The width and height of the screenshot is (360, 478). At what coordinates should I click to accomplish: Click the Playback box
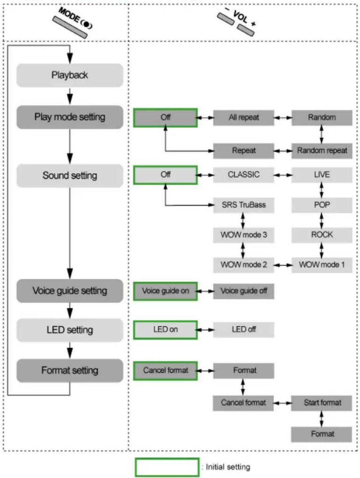coord(70,75)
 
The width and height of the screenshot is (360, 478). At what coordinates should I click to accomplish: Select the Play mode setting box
coord(70,117)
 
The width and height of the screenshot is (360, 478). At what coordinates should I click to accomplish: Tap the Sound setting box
coord(70,175)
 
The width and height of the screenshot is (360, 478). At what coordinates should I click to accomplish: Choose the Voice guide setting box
coord(70,291)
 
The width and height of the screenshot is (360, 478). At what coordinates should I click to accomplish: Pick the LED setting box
coord(70,330)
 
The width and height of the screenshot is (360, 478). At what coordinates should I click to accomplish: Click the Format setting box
coord(70,370)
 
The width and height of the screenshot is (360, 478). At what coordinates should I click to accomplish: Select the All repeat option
coord(243,118)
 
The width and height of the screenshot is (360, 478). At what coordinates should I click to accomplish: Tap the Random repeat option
coord(322,151)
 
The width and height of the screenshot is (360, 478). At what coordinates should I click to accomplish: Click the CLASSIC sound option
coord(243,175)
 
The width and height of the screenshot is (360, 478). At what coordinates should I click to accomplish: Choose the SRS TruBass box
coord(243,205)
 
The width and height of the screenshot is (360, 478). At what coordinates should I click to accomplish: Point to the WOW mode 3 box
coord(243,235)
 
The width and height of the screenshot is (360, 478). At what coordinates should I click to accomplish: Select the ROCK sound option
coord(322,235)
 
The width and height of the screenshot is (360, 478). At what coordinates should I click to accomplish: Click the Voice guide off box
coord(243,291)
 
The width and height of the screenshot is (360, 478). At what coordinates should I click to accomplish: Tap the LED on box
coord(165,330)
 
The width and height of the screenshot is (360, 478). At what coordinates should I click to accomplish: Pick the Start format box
coord(322,403)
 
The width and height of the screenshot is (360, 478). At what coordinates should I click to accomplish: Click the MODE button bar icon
coord(70,27)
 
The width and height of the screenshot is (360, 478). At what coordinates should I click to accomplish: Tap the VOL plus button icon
coord(246,30)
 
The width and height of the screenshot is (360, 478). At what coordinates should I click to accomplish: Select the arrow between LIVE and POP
coord(322,190)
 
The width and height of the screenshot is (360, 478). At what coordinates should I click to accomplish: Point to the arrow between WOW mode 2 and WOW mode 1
coord(283,265)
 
